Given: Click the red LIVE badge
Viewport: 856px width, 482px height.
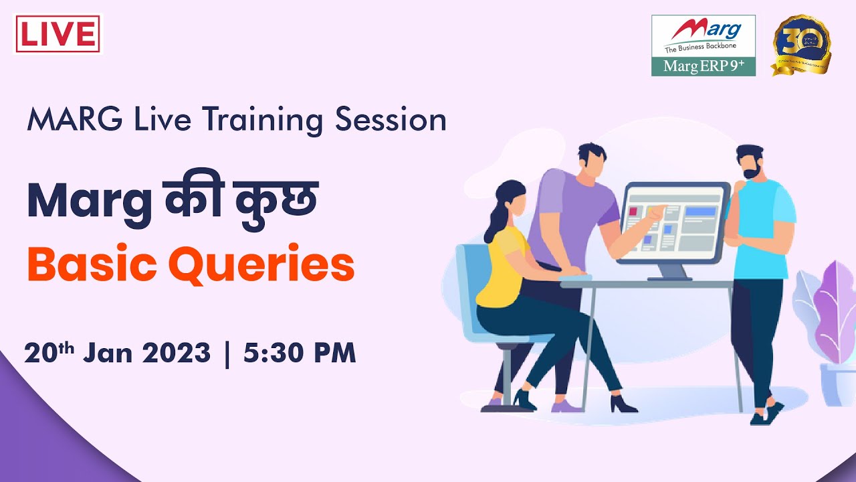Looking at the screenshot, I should (58, 34).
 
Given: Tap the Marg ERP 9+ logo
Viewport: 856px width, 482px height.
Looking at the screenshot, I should (703, 45).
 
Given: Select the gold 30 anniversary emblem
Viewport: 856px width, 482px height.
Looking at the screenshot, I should (801, 44).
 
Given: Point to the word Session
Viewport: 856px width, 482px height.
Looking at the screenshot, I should (391, 120).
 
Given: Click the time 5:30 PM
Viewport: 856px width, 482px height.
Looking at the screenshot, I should (299, 353).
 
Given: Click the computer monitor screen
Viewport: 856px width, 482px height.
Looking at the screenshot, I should (673, 220).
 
